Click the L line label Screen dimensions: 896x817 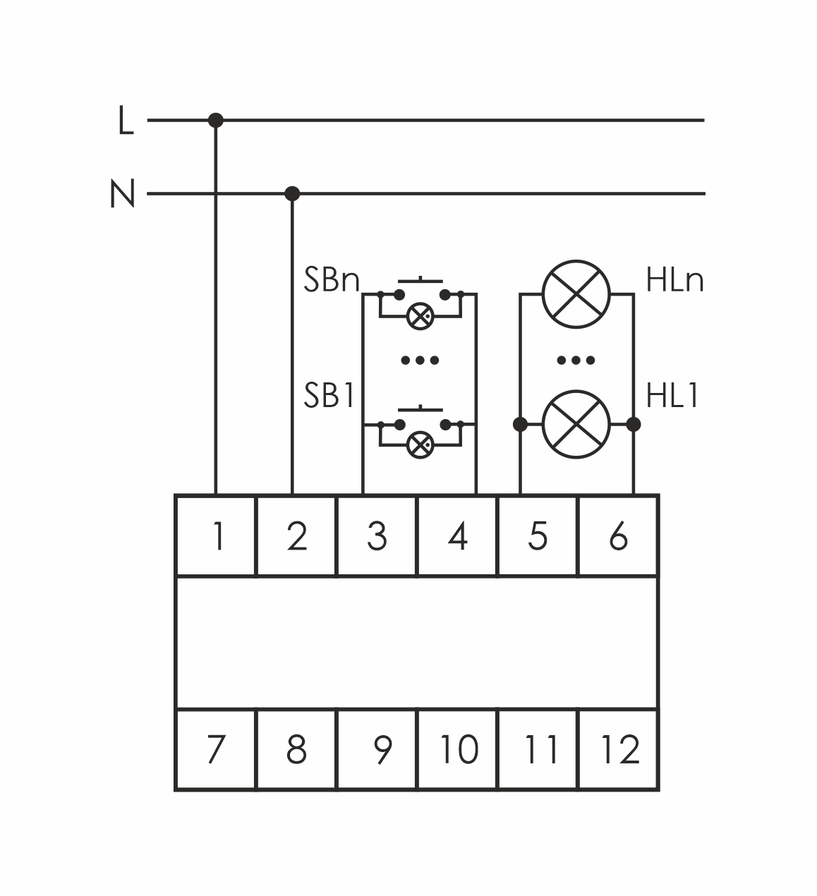pos(126,121)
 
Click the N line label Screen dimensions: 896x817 pos(122,194)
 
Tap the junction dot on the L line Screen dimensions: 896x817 pos(216,121)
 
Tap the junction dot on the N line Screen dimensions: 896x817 pos(292,193)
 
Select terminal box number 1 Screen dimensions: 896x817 pos(216,536)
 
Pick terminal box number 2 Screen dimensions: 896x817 pos(297,536)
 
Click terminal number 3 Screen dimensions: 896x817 pos(377,536)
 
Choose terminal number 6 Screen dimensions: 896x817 pos(618,536)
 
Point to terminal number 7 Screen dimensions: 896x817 pos(216,749)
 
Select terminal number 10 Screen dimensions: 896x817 pos(458,749)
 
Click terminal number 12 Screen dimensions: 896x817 pos(619,749)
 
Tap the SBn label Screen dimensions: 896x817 pos(332,281)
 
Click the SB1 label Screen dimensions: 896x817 pos(329,396)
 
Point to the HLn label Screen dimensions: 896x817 pos(674,281)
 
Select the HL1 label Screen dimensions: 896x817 pos(672,396)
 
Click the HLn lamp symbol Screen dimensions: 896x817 pos(576,293)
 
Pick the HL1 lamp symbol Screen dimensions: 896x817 pos(576,424)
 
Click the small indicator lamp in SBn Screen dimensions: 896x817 pos(420,315)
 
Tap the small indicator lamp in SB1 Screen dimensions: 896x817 pos(420,445)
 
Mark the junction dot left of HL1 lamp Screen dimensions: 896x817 pos(521,424)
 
